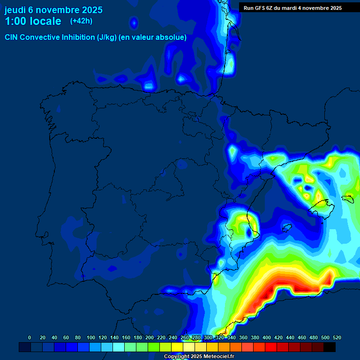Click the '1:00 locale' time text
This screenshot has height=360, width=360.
coord(33,21)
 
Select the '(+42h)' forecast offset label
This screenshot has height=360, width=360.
coord(81,21)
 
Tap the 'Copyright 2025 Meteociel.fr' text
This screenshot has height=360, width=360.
coord(199,357)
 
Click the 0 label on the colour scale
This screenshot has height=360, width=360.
coord(30,337)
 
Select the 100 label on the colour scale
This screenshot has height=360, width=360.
coord(91,337)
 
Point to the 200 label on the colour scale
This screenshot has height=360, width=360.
coord(150,337)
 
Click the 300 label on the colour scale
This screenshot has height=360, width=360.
coord(208,337)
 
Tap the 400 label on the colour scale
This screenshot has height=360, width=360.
coord(267,337)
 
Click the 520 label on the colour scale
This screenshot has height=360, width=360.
coord(337,337)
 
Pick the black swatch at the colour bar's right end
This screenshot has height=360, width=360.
coord(330,347)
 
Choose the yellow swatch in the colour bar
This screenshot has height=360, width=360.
coord(177,347)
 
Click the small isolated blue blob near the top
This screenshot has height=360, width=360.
coord(134,22)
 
